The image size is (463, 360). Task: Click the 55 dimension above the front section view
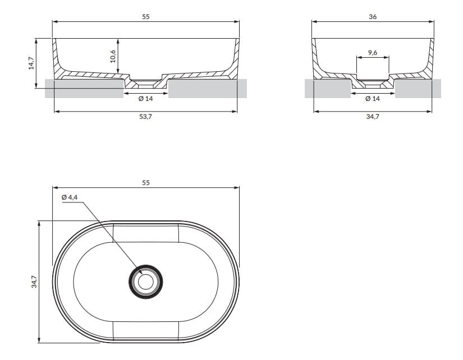[146, 17]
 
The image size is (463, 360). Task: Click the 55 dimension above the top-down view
[146, 183]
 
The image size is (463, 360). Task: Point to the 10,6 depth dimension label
[112, 56]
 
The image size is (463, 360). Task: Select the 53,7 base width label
[146, 117]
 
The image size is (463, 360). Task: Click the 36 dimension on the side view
[373, 17]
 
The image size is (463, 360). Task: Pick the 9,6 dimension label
[373, 53]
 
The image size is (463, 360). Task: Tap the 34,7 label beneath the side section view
[373, 117]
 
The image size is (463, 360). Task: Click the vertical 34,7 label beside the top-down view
[34, 281]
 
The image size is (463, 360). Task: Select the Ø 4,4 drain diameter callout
[70, 197]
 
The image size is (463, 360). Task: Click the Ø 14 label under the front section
[146, 99]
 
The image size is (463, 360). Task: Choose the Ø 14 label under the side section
[373, 99]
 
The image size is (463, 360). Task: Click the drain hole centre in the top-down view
[146, 281]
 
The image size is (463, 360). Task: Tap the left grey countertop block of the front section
[84, 89]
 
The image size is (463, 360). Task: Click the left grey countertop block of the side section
[328, 89]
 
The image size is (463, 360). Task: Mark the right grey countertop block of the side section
[418, 89]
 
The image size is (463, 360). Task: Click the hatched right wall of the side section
[429, 59]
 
